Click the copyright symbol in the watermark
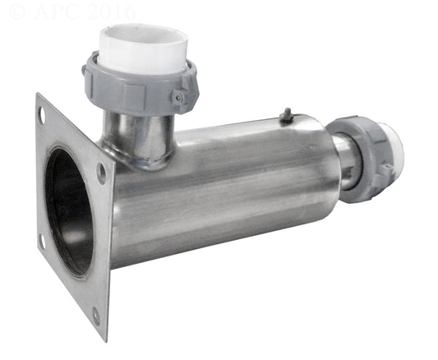17,12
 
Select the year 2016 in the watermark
112,12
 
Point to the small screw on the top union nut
178,97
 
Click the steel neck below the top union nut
139,134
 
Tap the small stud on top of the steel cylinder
287,115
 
